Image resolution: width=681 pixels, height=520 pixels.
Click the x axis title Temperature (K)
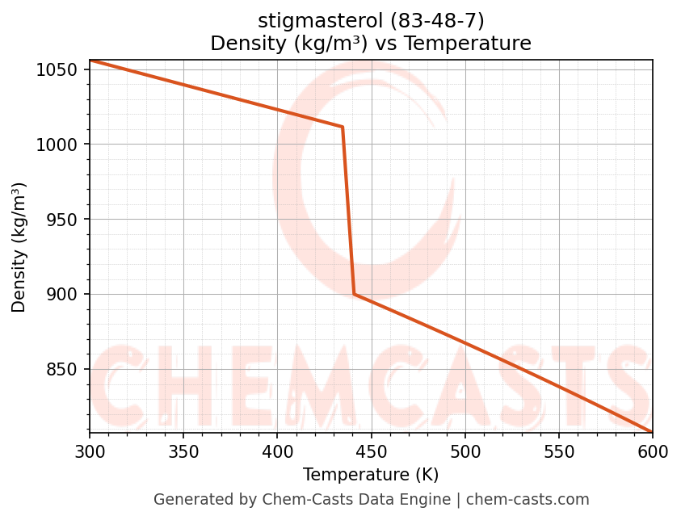(x=371, y=475)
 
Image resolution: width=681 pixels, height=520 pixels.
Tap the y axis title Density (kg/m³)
(x=19, y=247)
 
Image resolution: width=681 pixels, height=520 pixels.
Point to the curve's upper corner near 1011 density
(x=343, y=127)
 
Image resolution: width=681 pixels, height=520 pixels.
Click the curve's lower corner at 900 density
(x=354, y=294)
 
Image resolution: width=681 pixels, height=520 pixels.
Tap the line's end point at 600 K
(x=652, y=431)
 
